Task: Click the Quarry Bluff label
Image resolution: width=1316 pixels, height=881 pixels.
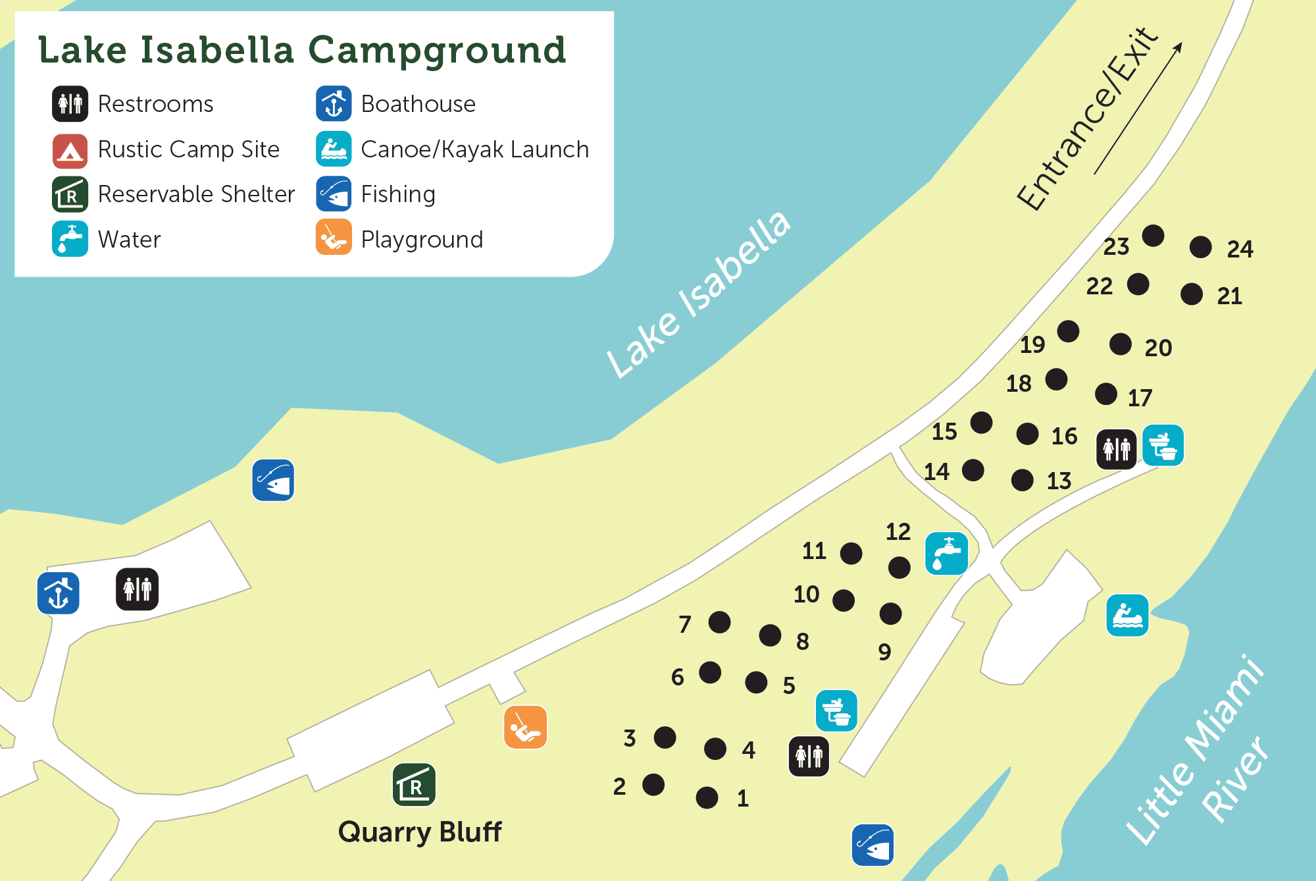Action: click(x=420, y=832)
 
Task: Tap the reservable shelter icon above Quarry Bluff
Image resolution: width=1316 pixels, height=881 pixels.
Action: click(x=414, y=785)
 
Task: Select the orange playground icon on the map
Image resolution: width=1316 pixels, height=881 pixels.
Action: click(x=525, y=728)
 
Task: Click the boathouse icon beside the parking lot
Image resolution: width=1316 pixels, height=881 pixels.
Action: click(x=59, y=593)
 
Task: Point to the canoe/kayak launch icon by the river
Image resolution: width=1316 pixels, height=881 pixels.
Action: click(x=1127, y=616)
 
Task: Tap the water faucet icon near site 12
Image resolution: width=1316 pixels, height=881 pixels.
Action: click(x=946, y=554)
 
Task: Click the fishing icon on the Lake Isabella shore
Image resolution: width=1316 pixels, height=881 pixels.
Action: click(x=273, y=480)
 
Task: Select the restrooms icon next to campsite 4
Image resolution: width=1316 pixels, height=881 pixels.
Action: click(x=809, y=756)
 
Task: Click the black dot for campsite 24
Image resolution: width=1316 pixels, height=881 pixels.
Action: click(x=1201, y=248)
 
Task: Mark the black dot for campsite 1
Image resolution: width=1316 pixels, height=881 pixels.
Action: click(x=707, y=797)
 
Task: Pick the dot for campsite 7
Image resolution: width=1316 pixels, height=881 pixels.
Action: click(x=719, y=622)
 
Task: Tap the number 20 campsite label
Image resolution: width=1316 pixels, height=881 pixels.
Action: click(x=1158, y=348)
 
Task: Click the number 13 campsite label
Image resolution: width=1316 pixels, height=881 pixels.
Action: click(x=1059, y=481)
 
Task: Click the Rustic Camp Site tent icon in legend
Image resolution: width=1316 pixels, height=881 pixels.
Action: click(x=70, y=151)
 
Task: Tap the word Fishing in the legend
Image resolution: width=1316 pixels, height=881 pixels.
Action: click(x=398, y=194)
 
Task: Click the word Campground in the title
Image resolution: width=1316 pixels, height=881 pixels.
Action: click(x=437, y=51)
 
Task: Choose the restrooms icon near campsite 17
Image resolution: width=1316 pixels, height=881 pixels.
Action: click(x=1116, y=449)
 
